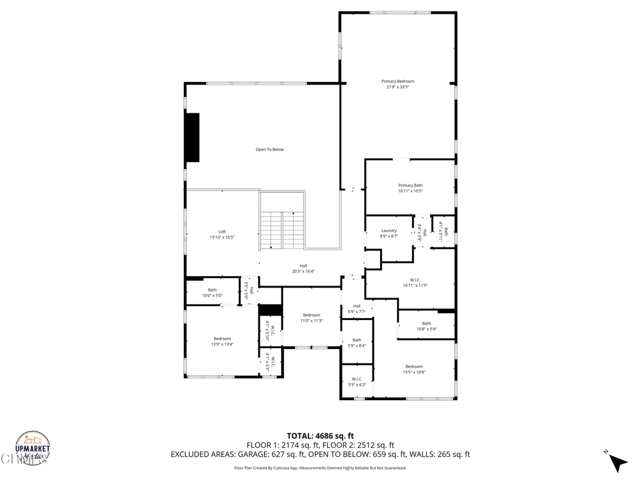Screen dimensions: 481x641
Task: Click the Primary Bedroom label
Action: [397, 84]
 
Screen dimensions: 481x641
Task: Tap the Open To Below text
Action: [269, 150]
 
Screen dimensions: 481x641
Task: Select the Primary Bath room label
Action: [410, 188]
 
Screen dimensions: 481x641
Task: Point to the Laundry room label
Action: [389, 234]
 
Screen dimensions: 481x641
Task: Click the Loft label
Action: [222, 235]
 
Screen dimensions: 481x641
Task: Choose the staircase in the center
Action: [282, 230]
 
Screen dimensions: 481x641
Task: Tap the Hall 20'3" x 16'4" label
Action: [303, 269]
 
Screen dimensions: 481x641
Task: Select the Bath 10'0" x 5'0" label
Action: [212, 292]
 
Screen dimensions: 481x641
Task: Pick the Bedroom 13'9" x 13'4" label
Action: [222, 341]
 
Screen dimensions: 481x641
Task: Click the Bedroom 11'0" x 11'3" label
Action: [311, 318]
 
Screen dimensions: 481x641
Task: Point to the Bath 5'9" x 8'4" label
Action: [356, 343]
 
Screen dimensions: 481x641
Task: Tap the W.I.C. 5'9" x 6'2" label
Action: [357, 381]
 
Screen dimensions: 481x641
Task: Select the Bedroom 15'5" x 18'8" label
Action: [414, 370]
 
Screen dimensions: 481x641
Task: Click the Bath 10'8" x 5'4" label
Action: [426, 326]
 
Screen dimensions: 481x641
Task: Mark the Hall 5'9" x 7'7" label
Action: [356, 309]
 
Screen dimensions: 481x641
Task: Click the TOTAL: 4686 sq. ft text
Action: [320, 436]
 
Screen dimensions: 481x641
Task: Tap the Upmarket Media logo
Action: [33, 448]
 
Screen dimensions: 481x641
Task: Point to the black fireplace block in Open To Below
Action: [192, 138]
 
